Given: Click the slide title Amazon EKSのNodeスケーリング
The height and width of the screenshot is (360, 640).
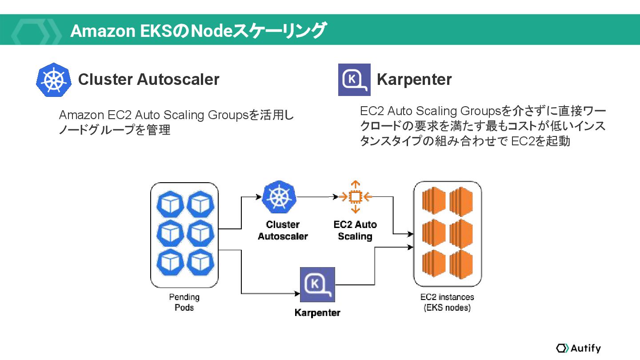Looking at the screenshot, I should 198,31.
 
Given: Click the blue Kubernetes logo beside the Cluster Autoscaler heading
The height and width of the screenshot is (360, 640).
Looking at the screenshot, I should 53,80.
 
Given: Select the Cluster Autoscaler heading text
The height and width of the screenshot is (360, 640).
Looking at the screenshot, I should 148,80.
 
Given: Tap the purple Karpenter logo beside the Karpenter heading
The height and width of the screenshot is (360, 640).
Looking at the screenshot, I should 354,80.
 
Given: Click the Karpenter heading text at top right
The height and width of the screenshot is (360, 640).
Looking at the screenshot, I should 414,80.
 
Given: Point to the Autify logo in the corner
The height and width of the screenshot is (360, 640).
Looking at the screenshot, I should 578,348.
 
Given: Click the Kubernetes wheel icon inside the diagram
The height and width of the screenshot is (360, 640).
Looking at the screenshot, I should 279,197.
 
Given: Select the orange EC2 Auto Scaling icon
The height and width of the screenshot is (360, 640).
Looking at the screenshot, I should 355,196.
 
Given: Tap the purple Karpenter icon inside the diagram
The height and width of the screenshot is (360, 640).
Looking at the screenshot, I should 317,284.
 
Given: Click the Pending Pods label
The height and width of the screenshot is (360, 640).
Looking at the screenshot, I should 184,302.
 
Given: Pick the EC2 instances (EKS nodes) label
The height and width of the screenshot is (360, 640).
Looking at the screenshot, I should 447,302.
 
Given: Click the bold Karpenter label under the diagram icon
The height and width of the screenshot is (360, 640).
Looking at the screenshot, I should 317,313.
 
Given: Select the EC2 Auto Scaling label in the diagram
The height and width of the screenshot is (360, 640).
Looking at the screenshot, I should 355,230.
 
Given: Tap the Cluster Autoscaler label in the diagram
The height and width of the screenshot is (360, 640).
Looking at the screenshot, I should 283,230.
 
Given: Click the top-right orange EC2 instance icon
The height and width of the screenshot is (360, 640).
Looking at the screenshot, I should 461,202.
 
